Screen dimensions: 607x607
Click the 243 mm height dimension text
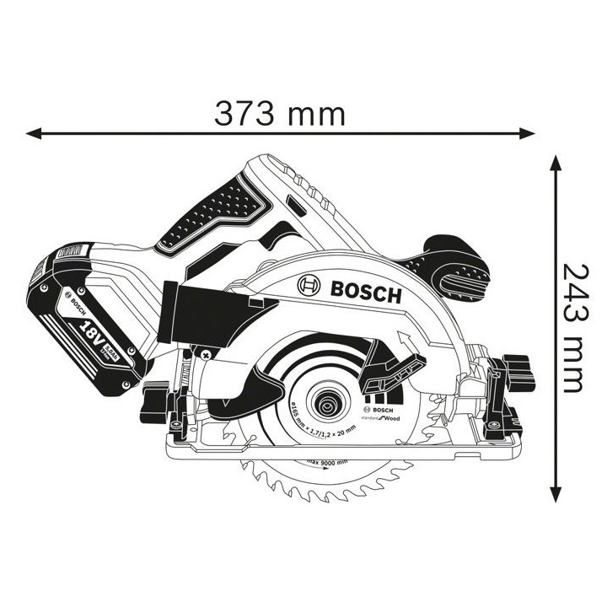[x=572, y=328]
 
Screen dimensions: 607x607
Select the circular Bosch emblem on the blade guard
[x=309, y=286]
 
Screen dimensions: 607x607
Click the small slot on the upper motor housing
[x=294, y=205]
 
